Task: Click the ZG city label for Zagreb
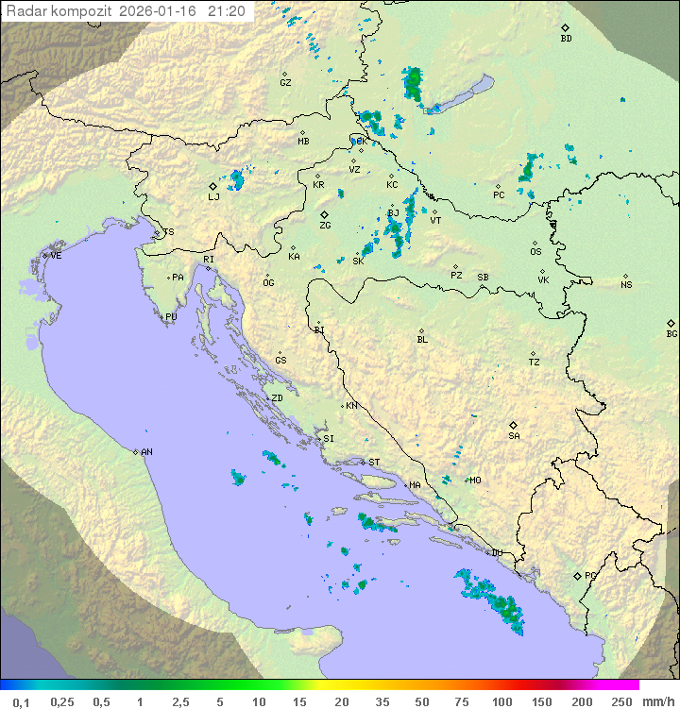(325, 227)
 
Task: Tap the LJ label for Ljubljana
(213, 197)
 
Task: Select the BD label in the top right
(566, 39)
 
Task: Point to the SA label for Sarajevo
(514, 436)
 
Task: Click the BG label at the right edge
(671, 334)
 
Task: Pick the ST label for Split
(374, 463)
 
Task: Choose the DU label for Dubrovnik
(497, 553)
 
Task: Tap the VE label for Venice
(56, 256)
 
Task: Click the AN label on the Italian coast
(146, 452)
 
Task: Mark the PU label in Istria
(171, 317)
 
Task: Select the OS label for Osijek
(535, 252)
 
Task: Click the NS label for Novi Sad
(626, 285)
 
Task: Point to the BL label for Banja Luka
(422, 340)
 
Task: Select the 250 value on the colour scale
(621, 701)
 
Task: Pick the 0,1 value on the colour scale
(21, 701)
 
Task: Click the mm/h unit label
(658, 701)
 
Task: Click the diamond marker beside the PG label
(577, 575)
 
